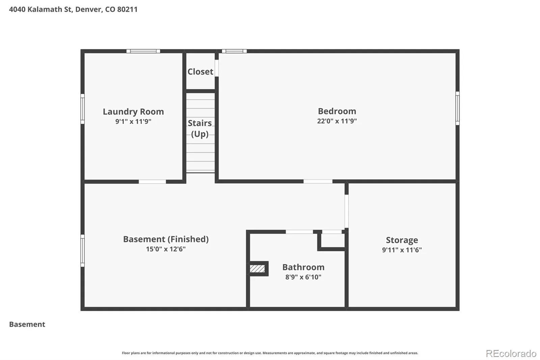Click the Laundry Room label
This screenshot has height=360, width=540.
133,112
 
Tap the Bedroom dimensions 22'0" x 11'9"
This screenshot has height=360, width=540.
337,121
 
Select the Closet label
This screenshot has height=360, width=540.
200,72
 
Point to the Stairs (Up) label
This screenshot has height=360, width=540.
200,128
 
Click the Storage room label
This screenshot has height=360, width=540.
402,240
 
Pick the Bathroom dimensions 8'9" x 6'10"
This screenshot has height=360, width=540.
303,277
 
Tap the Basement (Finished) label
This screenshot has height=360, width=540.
166,239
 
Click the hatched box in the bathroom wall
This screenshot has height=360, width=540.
257,268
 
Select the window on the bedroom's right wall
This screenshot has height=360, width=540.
457,108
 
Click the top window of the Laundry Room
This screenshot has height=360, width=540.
143,51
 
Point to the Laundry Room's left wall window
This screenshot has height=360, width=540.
82,109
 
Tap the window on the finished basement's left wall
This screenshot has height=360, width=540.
82,251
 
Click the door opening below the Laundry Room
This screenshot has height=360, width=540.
152,181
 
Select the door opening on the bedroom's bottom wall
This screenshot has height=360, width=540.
318,181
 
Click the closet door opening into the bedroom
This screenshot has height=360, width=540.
217,68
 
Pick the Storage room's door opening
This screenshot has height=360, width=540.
346,211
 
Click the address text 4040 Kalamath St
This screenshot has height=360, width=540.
41,9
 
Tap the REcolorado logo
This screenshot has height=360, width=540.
511,354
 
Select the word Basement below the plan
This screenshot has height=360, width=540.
27,324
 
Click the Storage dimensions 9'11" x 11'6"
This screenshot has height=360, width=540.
402,250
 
